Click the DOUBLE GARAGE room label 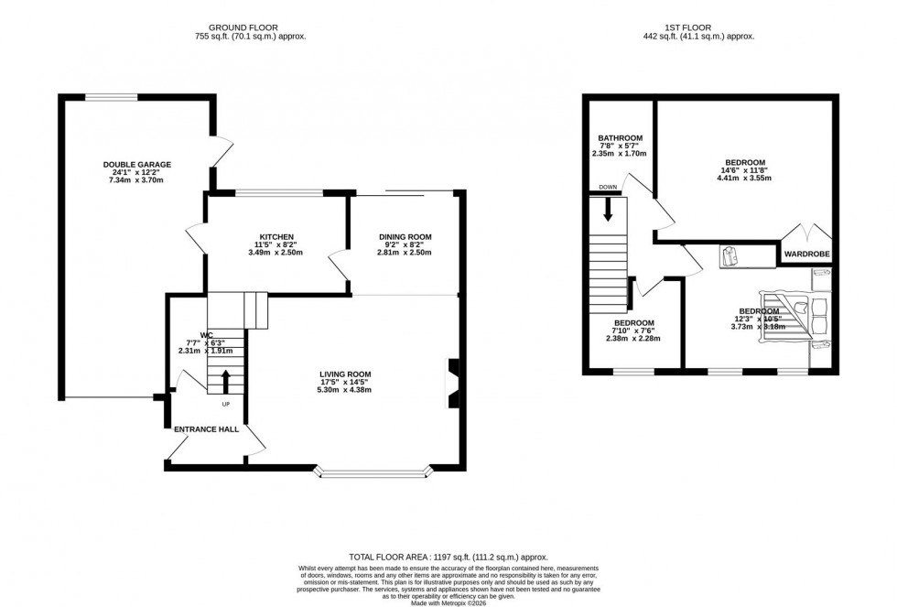coord(136,165)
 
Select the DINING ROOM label coord(405,237)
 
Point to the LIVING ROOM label coord(345,374)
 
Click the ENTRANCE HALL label coord(206,428)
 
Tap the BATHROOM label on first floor coord(619,138)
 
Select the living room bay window coord(373,473)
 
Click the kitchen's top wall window coord(278,193)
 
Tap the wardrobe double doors coord(805,231)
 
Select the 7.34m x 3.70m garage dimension coord(136,181)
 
